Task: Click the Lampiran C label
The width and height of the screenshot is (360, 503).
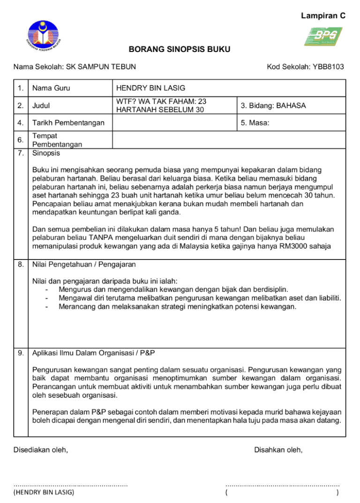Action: pos(323,16)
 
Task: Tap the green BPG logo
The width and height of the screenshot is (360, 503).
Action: pos(323,37)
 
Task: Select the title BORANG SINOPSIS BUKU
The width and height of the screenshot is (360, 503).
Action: pos(180,50)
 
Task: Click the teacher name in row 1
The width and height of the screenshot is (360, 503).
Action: pos(150,88)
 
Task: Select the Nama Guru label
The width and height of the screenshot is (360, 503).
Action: pos(52,88)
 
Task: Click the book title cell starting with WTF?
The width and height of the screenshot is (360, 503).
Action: pos(161,105)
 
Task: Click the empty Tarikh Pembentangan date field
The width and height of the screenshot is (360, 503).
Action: pos(175,123)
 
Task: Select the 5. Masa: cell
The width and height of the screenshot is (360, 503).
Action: pos(255,123)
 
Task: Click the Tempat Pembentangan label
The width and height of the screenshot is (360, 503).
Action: pos(57,140)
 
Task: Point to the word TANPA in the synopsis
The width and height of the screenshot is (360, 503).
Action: pos(100,238)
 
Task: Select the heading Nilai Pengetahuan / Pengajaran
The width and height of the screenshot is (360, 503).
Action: pos(84,265)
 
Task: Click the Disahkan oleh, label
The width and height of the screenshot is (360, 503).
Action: pos(278,450)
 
